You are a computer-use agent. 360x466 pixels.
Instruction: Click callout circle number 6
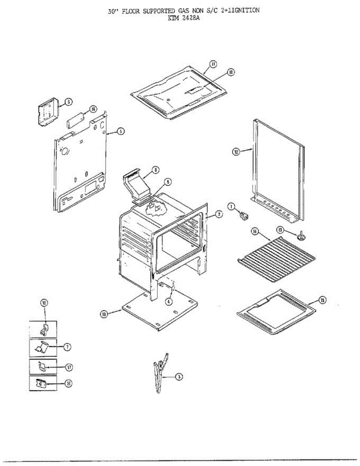[68, 102]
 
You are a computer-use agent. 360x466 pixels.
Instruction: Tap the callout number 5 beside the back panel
[121, 131]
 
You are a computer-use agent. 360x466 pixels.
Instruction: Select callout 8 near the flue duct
[155, 170]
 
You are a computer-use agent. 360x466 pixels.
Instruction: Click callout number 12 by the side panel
[236, 152]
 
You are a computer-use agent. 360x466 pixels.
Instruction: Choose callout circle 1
[231, 207]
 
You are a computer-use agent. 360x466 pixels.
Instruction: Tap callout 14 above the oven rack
[255, 232]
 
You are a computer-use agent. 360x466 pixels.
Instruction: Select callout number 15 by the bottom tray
[322, 300]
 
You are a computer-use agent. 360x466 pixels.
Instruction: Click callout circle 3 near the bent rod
[178, 376]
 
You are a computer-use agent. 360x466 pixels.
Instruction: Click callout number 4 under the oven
[169, 301]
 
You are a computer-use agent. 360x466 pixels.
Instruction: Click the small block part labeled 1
[244, 216]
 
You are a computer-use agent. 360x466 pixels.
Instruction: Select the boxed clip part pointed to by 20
[41, 384]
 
